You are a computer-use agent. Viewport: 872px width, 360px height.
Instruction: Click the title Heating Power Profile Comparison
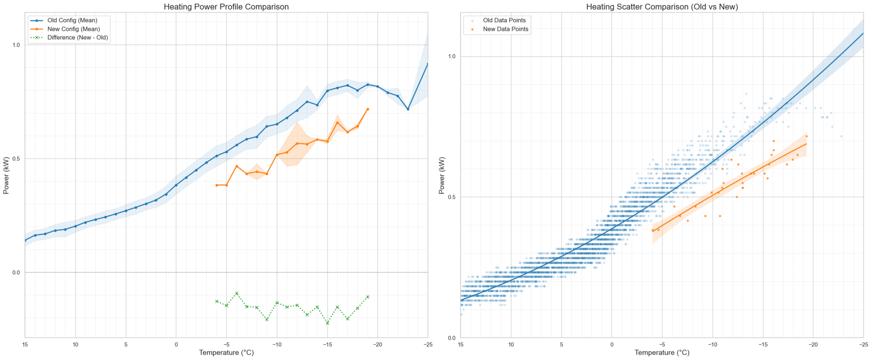coord(226,7)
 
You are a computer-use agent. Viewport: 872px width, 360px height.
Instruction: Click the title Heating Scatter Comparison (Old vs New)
coord(662,7)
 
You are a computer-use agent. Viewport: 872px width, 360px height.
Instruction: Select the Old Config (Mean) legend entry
coord(72,20)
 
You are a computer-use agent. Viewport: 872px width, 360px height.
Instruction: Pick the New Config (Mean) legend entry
coord(73,29)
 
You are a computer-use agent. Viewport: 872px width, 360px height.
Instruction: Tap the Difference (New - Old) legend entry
coord(77,38)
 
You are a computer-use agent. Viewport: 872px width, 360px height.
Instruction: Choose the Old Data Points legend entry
coord(504,20)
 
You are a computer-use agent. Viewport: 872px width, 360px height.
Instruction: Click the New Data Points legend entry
coord(505,29)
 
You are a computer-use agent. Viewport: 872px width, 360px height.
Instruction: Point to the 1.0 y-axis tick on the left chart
coord(16,45)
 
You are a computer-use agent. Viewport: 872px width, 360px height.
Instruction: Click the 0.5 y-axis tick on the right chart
coord(452,197)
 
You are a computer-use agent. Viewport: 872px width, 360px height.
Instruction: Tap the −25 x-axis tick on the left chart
coord(427,345)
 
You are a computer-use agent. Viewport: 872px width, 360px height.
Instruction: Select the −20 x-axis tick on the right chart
coord(813,345)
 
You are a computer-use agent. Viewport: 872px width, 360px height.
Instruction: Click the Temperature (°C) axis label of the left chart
coord(226,353)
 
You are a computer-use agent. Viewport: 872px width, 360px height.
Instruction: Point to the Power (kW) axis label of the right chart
coord(442,175)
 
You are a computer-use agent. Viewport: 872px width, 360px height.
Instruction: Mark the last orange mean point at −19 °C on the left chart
coord(367,109)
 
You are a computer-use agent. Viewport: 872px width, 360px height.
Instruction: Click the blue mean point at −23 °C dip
coord(408,109)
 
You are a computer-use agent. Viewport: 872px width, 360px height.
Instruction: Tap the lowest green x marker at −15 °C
coord(327,323)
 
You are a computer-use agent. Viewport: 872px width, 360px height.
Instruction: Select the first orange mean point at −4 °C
coord(217,185)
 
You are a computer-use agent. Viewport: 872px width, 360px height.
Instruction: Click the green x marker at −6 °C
coord(237,293)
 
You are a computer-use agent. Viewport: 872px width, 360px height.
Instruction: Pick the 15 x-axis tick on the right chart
coord(461,345)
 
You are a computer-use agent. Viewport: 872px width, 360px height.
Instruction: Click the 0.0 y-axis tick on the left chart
coord(16,272)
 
